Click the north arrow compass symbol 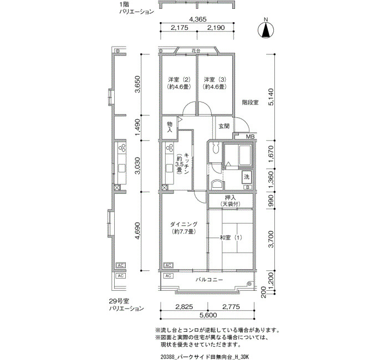[x=266, y=30]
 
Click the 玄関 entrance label [x=224, y=126]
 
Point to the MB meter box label [x=250, y=137]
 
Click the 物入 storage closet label [x=170, y=127]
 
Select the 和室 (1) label [x=231, y=238]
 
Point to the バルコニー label [x=210, y=280]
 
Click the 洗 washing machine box [x=247, y=177]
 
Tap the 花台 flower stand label [x=196, y=51]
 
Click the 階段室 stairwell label [x=250, y=102]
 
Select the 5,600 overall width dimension [x=208, y=315]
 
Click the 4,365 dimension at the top [x=197, y=19]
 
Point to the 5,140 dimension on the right [x=271, y=97]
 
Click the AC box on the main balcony [x=169, y=276]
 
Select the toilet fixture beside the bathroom [x=216, y=148]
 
